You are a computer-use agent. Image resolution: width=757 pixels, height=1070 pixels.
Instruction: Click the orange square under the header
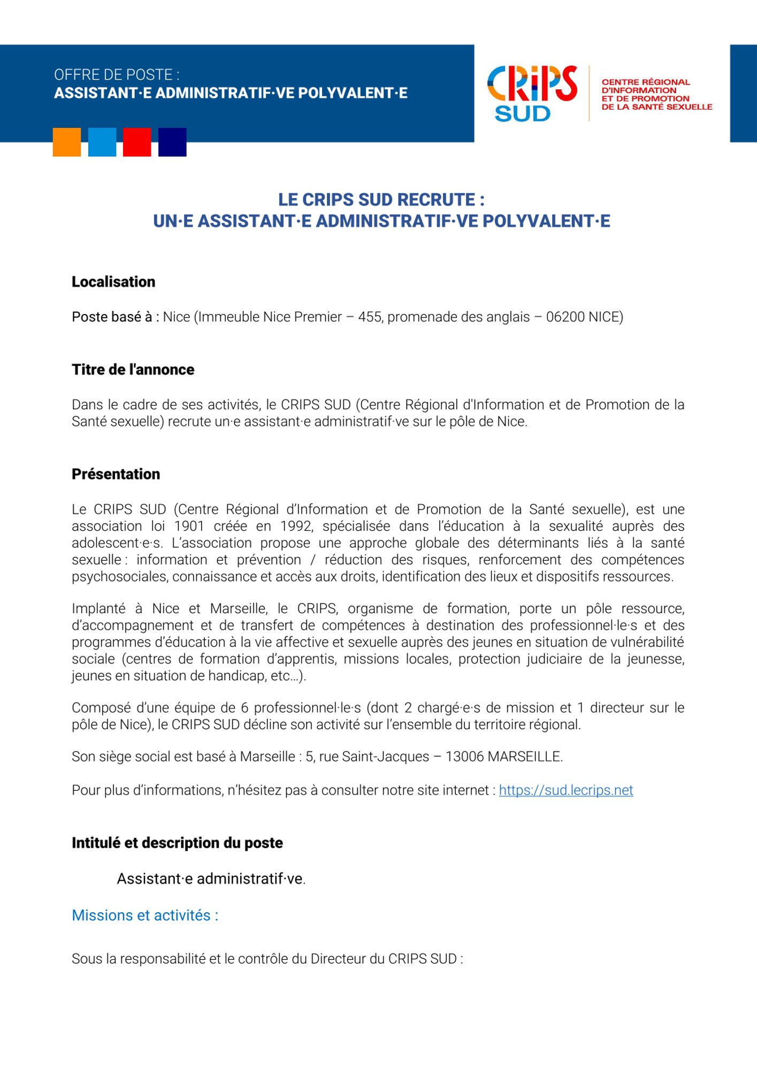point(67,142)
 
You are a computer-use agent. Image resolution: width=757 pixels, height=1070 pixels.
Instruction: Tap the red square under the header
point(137,142)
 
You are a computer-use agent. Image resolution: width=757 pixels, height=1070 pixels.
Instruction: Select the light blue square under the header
point(102,142)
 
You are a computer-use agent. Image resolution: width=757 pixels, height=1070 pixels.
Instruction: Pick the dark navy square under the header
point(172,142)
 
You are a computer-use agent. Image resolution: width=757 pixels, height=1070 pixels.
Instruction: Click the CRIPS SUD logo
point(532,94)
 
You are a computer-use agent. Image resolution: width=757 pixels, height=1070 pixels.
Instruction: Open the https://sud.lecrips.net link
point(566,790)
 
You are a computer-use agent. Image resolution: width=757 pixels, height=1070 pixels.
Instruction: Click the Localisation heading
point(113,282)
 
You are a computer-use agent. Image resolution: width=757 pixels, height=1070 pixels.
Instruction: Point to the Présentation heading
point(116,474)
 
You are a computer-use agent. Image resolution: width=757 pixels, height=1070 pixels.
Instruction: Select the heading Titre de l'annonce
point(133,370)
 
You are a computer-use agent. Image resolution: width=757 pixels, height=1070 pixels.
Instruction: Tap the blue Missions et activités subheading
point(145,915)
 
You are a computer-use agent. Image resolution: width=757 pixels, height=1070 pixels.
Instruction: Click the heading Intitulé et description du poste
point(177,843)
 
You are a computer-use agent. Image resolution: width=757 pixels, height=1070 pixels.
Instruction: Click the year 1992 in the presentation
point(296,526)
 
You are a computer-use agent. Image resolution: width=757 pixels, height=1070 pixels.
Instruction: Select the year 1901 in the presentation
point(189,526)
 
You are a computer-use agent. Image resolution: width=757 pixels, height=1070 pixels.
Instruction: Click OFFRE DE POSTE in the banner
point(117,75)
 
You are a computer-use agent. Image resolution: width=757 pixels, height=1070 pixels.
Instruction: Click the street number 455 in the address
point(370,317)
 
